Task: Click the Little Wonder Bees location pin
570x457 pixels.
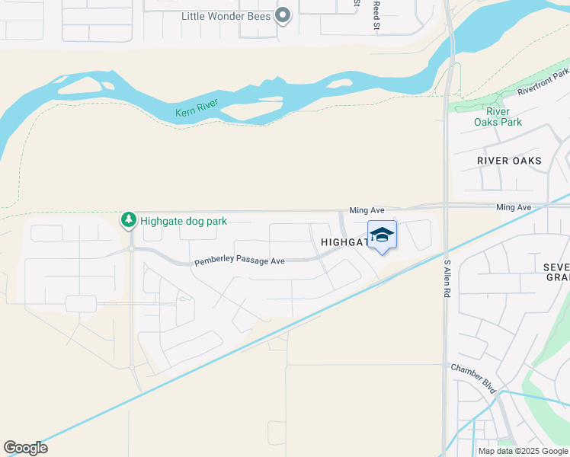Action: pyautogui.click(x=283, y=14)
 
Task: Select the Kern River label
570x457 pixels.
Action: pyautogui.click(x=197, y=108)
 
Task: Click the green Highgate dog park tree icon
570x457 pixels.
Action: pyautogui.click(x=129, y=220)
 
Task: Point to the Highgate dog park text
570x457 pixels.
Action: pyautogui.click(x=183, y=222)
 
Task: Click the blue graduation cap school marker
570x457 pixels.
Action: pyautogui.click(x=382, y=235)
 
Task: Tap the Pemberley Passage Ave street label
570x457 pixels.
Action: pyautogui.click(x=239, y=260)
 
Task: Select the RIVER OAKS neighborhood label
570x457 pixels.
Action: pyautogui.click(x=509, y=161)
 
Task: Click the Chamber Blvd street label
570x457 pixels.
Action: pyautogui.click(x=473, y=378)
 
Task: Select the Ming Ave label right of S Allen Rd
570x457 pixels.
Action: pyautogui.click(x=513, y=207)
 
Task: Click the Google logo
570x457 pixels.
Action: pyautogui.click(x=25, y=448)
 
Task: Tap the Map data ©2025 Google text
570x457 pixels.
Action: pyautogui.click(x=523, y=451)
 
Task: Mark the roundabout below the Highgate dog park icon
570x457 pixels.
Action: pyautogui.click(x=131, y=249)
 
